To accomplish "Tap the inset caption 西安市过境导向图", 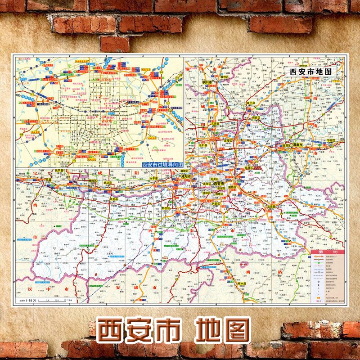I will tap(162, 165).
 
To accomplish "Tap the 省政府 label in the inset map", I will tap(108, 121).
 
